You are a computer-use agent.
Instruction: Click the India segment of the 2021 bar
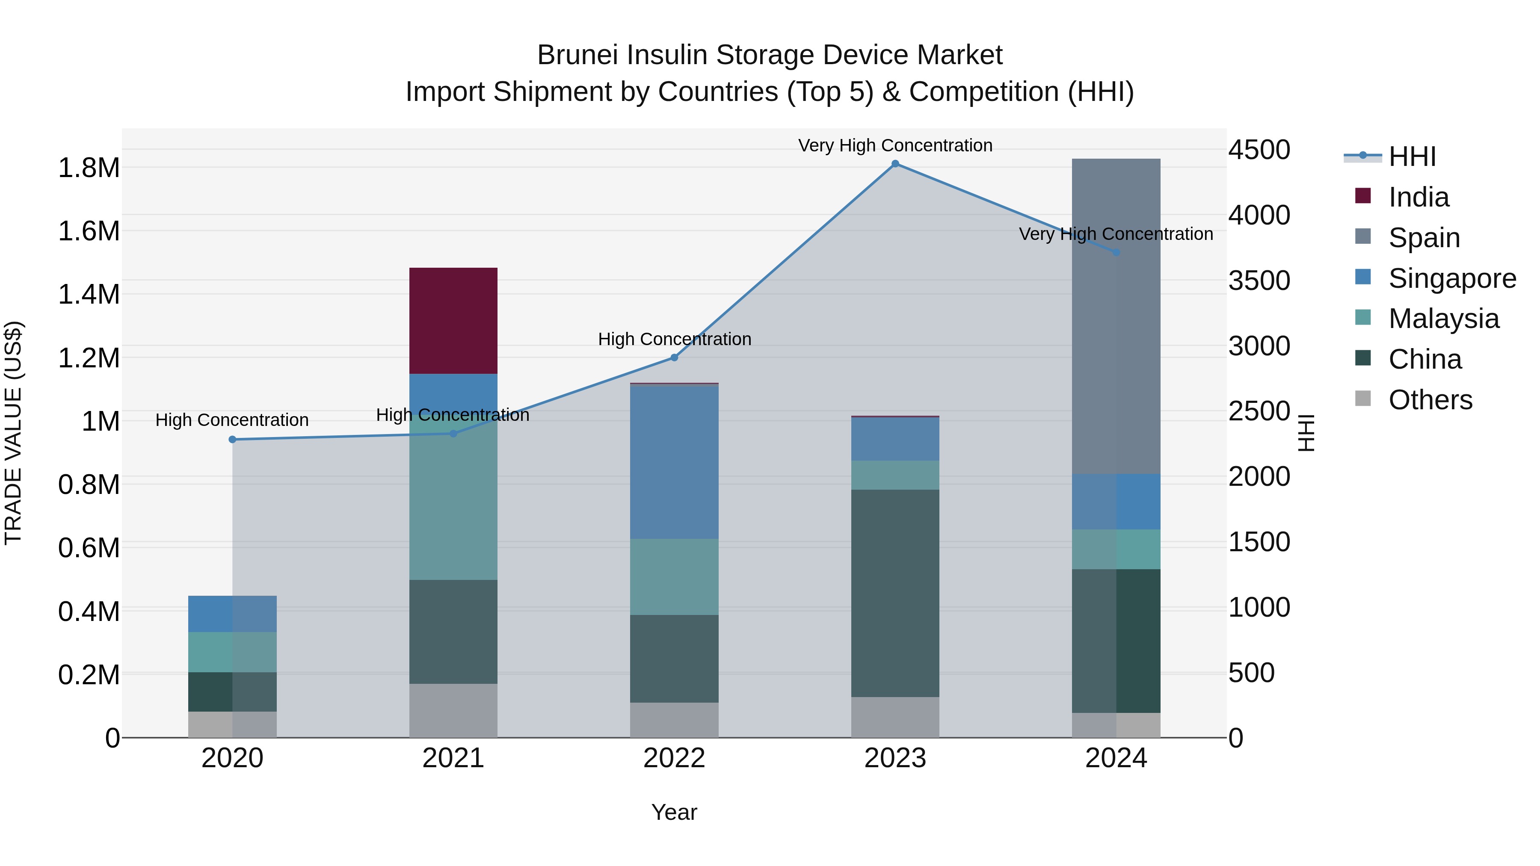point(453,321)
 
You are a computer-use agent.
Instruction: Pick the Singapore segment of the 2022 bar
point(674,462)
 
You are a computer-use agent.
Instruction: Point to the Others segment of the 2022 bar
point(674,720)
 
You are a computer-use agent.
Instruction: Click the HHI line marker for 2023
point(895,164)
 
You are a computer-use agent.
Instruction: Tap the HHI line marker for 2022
point(674,358)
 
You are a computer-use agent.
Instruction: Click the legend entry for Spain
point(1423,238)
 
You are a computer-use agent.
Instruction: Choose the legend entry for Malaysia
point(1442,319)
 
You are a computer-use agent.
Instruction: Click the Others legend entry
point(1429,400)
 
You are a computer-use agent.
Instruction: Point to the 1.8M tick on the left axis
point(89,168)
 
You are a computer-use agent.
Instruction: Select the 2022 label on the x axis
point(674,758)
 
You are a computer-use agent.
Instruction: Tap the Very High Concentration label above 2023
point(895,145)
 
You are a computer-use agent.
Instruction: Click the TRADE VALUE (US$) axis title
point(13,433)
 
